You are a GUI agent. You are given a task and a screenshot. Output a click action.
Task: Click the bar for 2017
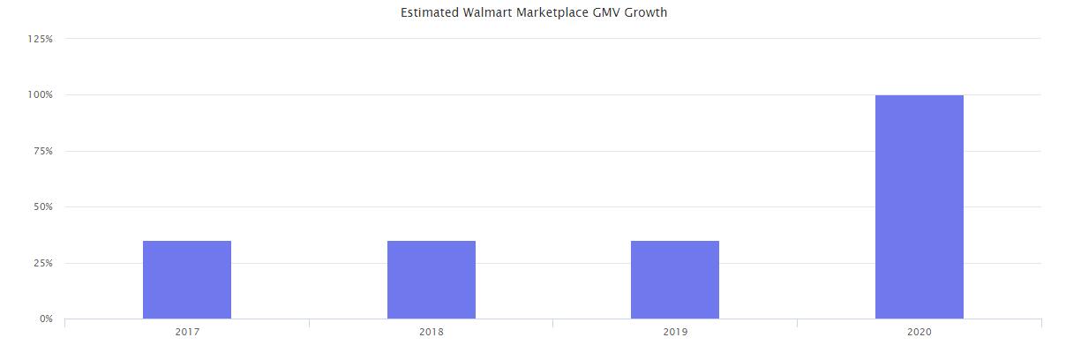(x=187, y=280)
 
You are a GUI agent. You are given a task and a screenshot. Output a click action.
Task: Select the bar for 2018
(x=432, y=280)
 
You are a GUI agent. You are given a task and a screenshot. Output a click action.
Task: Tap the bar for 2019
(x=675, y=280)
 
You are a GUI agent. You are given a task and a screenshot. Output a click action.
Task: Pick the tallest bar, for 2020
(x=920, y=206)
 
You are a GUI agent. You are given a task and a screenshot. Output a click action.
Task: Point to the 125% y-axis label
(x=41, y=39)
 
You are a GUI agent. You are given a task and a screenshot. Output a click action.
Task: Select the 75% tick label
(x=42, y=151)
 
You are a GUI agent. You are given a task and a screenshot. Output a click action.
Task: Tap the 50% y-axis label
(x=42, y=206)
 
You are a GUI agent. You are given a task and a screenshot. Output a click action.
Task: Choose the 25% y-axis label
(x=42, y=263)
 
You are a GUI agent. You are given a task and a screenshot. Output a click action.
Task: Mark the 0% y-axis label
(x=45, y=319)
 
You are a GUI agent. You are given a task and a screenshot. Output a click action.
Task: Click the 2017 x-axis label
(x=187, y=333)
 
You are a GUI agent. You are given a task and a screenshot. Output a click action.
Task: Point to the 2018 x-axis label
(x=432, y=333)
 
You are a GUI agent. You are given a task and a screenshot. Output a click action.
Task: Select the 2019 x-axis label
(x=675, y=333)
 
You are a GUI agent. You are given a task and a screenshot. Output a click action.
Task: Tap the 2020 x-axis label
(x=920, y=333)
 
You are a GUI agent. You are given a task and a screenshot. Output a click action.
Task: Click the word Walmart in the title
(x=484, y=13)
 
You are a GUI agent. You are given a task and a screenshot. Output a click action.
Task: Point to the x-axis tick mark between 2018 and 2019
(x=553, y=323)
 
